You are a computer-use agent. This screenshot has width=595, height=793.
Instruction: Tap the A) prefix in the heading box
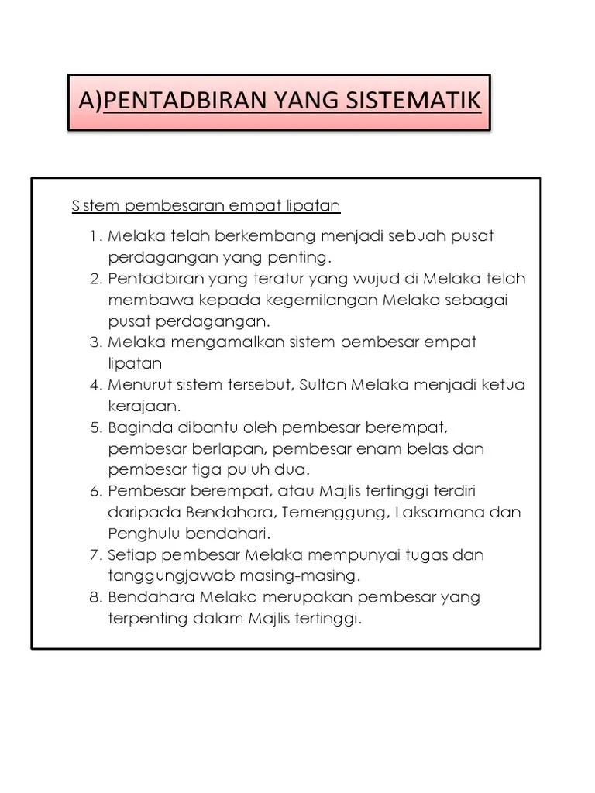(x=90, y=101)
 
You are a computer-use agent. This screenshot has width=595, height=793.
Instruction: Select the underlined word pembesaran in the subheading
(x=168, y=207)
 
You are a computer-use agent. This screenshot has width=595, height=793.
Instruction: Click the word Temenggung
(x=335, y=512)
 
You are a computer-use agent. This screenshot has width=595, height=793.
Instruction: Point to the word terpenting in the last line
(x=147, y=619)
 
